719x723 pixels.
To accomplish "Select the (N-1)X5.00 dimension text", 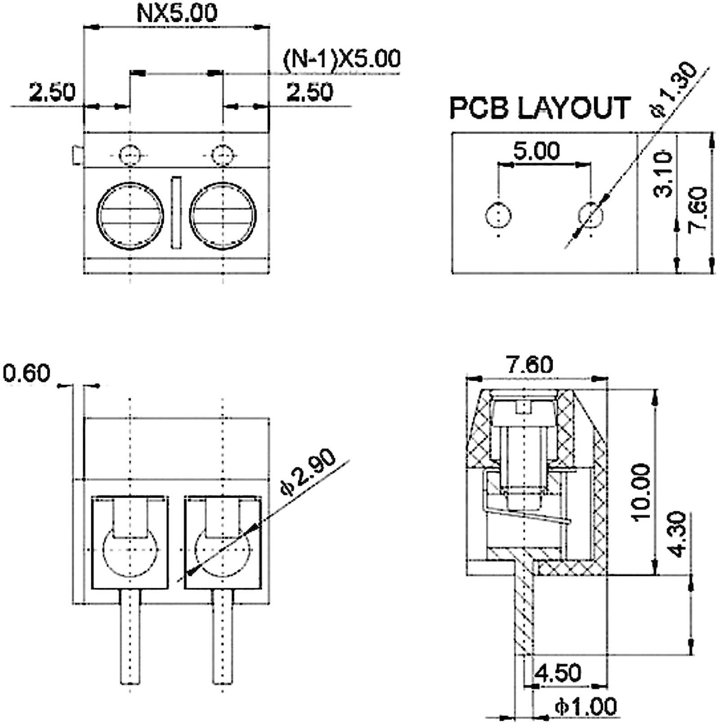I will click(342, 59).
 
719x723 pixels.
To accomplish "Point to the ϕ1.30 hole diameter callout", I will click(674, 90).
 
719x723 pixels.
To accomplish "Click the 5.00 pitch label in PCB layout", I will click(537, 151).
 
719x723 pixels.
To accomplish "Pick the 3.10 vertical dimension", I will click(663, 174).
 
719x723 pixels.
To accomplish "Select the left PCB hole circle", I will click(498, 215).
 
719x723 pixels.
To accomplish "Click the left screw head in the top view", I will click(130, 216).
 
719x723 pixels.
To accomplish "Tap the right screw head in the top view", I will click(223, 216).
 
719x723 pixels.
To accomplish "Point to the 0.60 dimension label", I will click(26, 374).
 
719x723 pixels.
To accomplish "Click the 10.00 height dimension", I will click(640, 492).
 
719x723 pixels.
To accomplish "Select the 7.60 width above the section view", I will click(530, 365).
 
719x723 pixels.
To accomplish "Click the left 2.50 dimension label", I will click(52, 92).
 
